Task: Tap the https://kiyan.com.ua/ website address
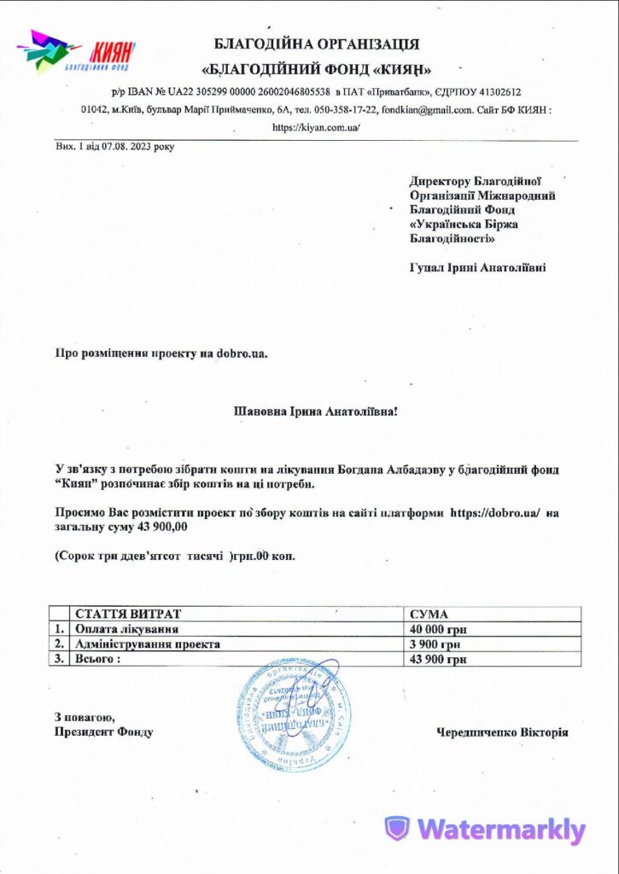tap(316, 126)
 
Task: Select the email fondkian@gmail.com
tap(427, 109)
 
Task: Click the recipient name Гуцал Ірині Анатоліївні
tap(478, 267)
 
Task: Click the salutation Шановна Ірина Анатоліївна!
tap(316, 411)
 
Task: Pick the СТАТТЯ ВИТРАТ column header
tap(128, 614)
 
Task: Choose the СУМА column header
tap(429, 614)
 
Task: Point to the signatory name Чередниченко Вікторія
tap(502, 732)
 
